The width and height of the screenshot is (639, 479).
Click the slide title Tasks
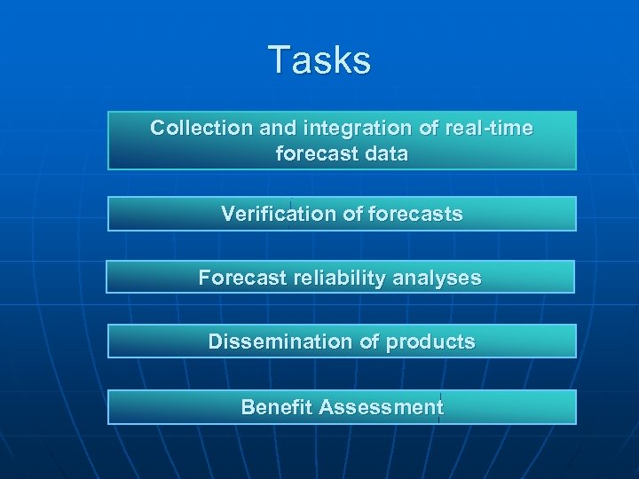(319, 60)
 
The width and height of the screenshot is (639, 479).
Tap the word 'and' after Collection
(277, 128)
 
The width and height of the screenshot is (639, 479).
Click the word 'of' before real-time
(429, 128)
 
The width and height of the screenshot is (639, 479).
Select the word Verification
(275, 214)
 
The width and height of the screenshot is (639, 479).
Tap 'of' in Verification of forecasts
(347, 214)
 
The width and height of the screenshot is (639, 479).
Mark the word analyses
(437, 278)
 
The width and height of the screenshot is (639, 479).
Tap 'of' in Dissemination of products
(368, 342)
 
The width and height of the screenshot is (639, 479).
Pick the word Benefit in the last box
(276, 407)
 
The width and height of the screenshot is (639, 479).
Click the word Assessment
(381, 407)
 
